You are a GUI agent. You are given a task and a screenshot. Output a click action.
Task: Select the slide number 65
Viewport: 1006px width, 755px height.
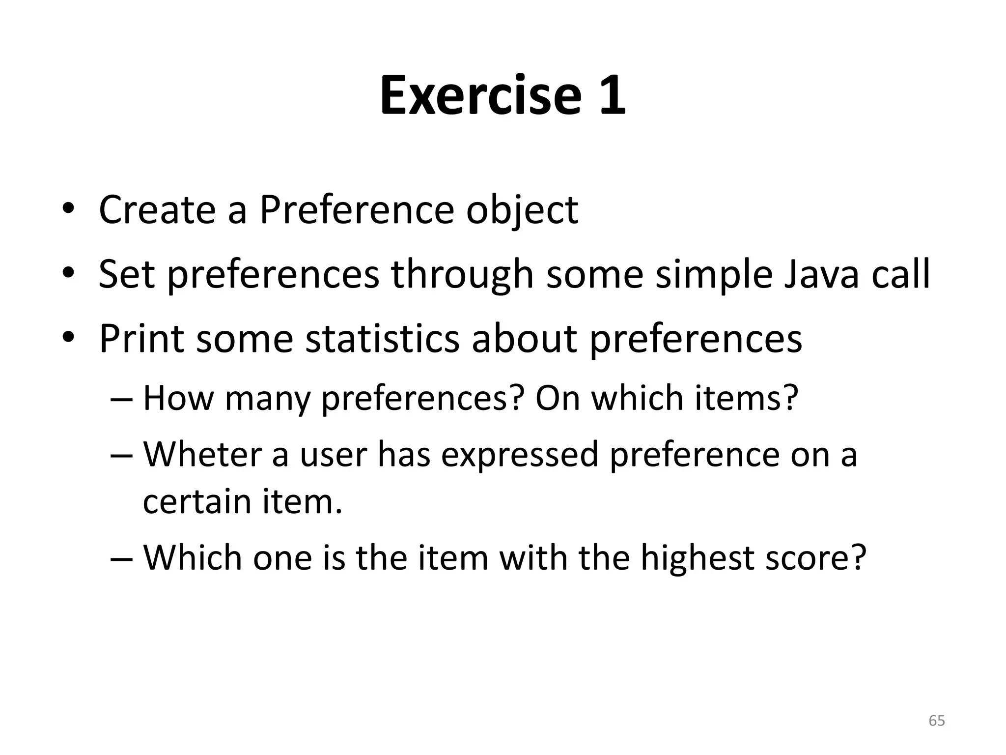937,721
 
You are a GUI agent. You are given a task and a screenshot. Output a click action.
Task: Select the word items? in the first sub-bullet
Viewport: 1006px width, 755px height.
747,398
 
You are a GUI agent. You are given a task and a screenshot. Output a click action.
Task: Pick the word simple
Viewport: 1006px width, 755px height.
713,275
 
